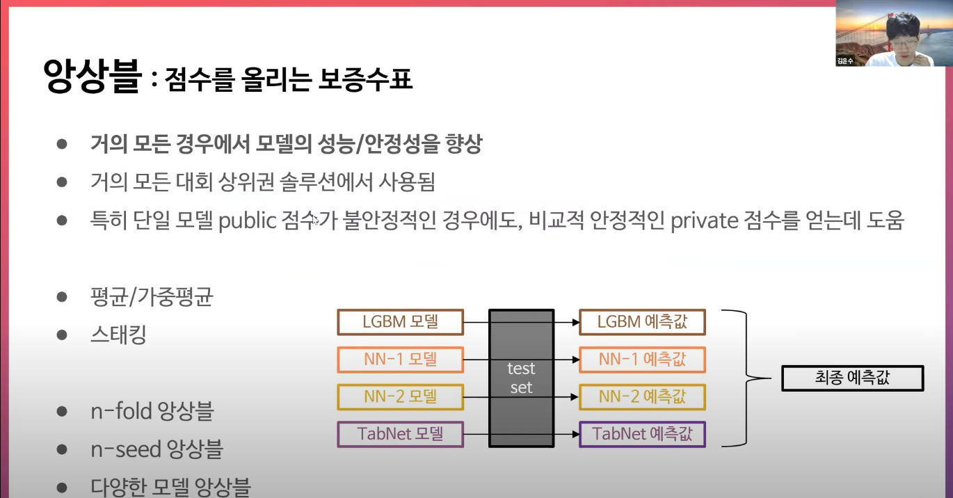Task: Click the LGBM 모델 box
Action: click(400, 322)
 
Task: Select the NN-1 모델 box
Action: click(400, 360)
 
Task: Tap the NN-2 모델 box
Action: click(400, 397)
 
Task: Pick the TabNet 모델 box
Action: click(400, 435)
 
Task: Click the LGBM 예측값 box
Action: click(642, 322)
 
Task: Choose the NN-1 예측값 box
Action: click(642, 360)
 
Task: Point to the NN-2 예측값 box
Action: click(642, 397)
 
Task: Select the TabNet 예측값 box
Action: click(642, 435)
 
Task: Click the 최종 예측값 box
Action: click(852, 378)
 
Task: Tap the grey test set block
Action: click(522, 378)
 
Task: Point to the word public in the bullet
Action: click(248, 221)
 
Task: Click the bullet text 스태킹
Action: click(118, 335)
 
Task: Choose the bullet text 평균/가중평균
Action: click(152, 298)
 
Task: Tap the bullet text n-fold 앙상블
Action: click(152, 411)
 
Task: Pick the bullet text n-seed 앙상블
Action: click(157, 449)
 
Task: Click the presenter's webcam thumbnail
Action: click(894, 33)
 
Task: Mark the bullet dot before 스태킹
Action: click(62, 335)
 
